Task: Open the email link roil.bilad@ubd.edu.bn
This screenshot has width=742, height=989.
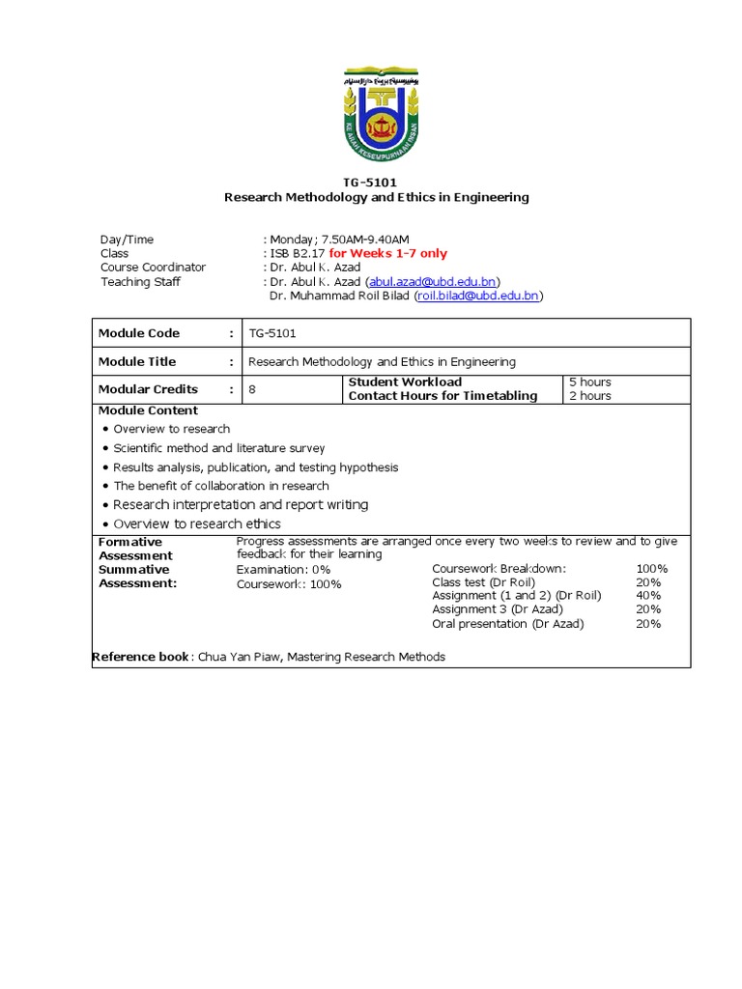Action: click(x=478, y=296)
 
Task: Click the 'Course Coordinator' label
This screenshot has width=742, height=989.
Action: click(x=153, y=268)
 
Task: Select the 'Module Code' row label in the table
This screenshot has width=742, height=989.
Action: click(x=139, y=333)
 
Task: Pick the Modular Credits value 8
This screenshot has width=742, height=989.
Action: click(x=253, y=389)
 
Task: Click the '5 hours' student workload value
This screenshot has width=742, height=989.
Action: click(x=590, y=382)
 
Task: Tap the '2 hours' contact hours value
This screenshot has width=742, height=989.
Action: click(x=590, y=396)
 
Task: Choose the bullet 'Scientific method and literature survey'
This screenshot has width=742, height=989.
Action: click(x=219, y=448)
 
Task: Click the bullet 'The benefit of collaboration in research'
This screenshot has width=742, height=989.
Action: click(x=221, y=486)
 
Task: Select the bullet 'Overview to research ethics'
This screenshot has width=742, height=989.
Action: click(x=197, y=523)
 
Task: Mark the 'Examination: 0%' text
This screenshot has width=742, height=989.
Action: click(x=284, y=570)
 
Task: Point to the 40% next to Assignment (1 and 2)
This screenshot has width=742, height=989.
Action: click(x=648, y=596)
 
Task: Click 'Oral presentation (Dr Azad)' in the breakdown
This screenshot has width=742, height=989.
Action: click(x=508, y=624)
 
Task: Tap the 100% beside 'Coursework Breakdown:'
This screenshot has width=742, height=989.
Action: click(x=652, y=569)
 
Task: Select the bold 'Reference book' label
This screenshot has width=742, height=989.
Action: click(x=141, y=657)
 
